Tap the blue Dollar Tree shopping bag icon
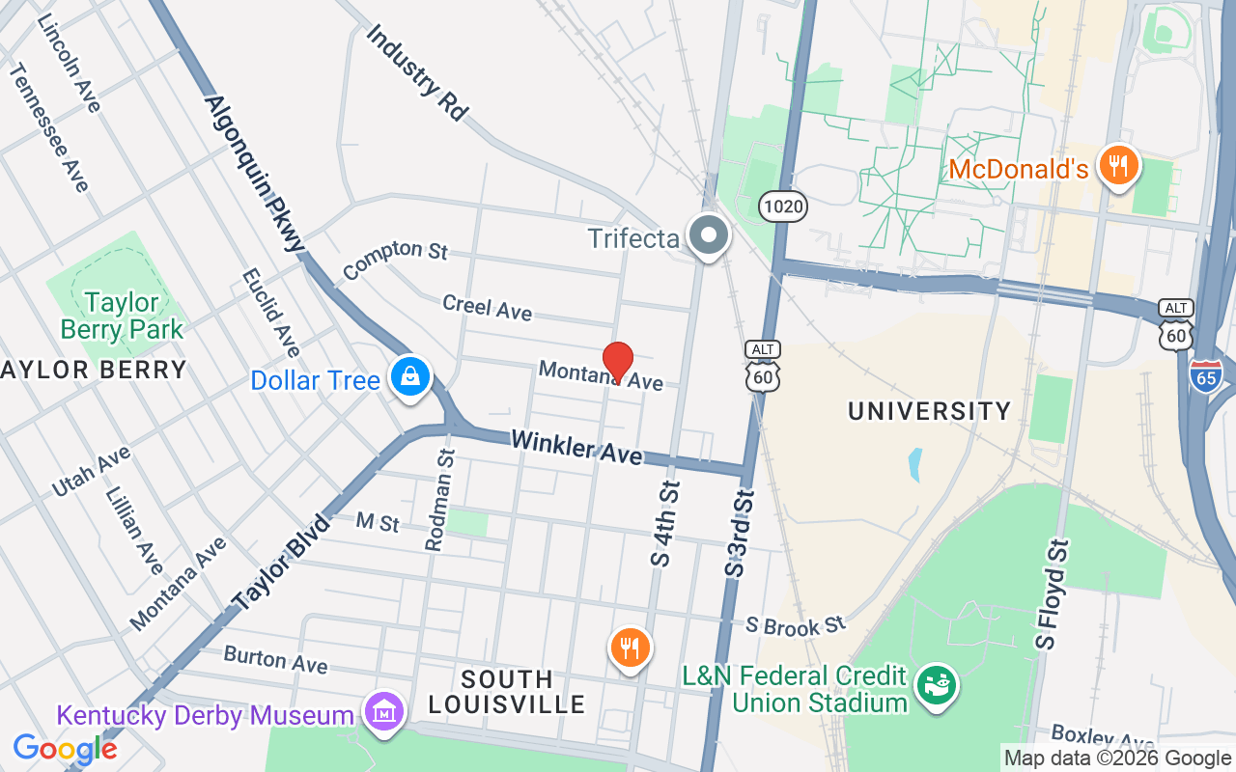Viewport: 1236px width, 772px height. pos(410,376)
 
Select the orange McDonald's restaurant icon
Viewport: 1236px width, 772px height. pos(1119,165)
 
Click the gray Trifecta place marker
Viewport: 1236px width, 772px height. pos(709,234)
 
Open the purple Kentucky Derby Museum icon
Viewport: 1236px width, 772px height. pos(384,712)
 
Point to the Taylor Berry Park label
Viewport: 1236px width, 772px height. pos(122,316)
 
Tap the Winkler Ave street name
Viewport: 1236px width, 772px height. pos(576,446)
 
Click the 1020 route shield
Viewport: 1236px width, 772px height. pos(782,206)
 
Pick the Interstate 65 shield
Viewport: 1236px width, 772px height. pos(1207,374)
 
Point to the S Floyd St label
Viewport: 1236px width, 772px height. pos(1053,593)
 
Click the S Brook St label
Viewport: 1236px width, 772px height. pos(796,625)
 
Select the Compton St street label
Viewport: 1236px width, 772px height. pos(395,258)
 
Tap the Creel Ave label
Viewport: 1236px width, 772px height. pos(487,307)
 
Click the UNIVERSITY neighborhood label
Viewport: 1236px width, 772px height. pos(929,411)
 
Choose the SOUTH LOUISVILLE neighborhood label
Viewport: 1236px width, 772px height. pos(506,691)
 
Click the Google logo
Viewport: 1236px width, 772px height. pos(65,748)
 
